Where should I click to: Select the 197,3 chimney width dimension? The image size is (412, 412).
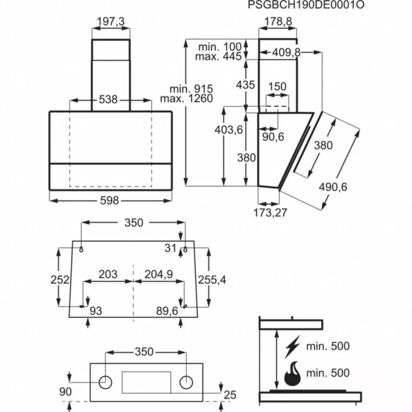[x=111, y=22]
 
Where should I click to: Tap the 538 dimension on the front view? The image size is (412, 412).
[x=108, y=99]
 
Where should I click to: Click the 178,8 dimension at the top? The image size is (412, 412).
[x=278, y=22]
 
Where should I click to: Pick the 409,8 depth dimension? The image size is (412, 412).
[x=286, y=52]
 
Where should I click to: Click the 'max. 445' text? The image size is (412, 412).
[x=218, y=56]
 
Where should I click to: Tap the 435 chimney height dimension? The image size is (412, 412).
[x=245, y=85]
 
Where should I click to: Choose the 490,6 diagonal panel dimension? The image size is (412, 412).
[x=333, y=187]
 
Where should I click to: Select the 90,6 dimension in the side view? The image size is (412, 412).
[x=273, y=137]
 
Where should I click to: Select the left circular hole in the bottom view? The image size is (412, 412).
[x=105, y=382]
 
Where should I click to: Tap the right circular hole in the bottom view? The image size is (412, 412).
[x=186, y=382]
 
